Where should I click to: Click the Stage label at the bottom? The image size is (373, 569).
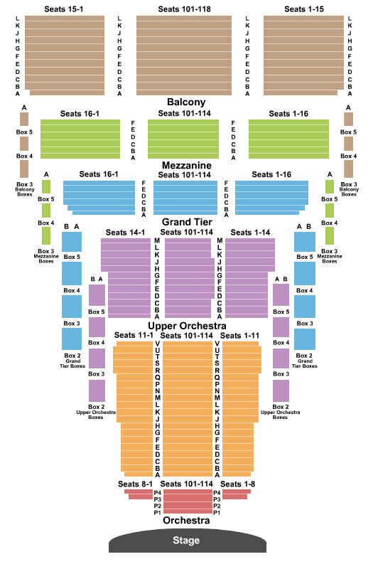click(x=186, y=541)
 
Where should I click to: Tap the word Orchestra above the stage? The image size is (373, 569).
click(x=186, y=521)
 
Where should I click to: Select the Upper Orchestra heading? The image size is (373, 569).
click(x=187, y=326)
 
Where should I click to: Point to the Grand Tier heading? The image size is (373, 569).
click(x=187, y=222)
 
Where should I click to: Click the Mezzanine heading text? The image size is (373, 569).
click(x=187, y=165)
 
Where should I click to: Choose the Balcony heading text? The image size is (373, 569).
click(x=186, y=102)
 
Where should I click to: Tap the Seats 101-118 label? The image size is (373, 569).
click(x=184, y=9)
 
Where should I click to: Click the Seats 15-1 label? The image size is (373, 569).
click(x=63, y=9)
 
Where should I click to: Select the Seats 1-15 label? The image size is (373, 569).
click(x=304, y=9)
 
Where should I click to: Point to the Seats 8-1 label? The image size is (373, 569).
click(x=135, y=484)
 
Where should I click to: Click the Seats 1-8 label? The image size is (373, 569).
click(x=237, y=484)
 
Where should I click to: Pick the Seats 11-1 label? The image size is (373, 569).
click(x=134, y=335)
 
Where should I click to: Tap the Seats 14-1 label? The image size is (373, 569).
click(x=125, y=233)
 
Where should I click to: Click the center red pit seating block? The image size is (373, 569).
click(x=188, y=501)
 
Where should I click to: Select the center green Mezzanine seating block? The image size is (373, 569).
click(x=183, y=139)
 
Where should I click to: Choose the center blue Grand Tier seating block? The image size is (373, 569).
click(x=185, y=198)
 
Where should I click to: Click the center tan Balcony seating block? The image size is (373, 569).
click(x=184, y=55)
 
